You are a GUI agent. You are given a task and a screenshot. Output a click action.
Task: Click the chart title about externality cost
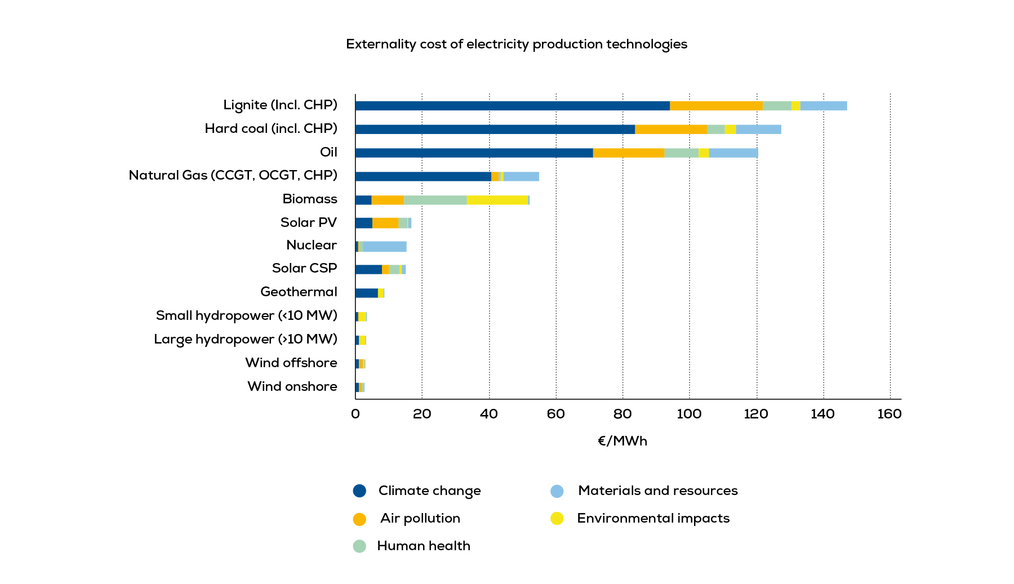517,44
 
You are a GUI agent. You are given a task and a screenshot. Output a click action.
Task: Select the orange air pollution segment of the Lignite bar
716,106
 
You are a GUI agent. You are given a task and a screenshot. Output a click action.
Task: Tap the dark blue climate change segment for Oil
474,153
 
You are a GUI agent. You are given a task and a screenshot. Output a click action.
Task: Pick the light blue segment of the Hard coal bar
758,130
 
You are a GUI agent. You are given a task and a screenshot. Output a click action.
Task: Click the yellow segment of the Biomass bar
497,200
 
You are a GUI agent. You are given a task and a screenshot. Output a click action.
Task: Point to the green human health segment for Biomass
435,200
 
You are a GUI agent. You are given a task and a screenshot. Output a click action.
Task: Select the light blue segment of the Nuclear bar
385,247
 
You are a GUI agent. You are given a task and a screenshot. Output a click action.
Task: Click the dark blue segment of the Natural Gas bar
423,176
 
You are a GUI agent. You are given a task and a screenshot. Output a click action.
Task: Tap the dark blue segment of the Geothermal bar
367,293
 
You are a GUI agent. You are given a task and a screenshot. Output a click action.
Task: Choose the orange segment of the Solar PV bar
385,223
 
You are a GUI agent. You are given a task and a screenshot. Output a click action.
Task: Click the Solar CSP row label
304,268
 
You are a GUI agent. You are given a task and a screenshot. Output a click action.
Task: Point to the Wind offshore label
291,363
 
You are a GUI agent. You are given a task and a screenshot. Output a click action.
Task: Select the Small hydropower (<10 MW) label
246,315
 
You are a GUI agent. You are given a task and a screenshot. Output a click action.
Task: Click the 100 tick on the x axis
689,414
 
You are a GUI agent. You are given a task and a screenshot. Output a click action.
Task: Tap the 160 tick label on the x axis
890,414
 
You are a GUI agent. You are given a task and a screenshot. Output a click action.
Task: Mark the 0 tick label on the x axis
355,414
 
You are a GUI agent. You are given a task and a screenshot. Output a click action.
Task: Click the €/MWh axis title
622,441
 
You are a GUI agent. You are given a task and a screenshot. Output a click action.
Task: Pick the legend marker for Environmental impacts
557,518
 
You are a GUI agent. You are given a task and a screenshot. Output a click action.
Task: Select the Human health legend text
424,546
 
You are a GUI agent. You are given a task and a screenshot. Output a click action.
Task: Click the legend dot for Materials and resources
557,491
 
